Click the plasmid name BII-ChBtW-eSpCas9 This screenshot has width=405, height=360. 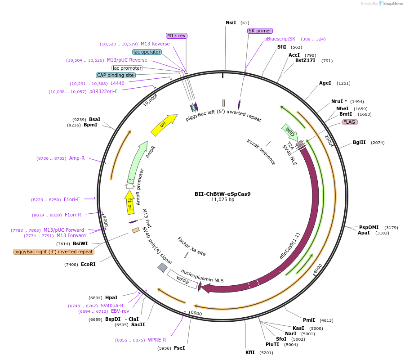pos(223,194)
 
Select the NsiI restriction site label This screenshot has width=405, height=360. pos(231,22)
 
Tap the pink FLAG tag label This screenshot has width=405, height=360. pos(349,122)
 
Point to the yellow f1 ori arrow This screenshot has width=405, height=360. pos(129,201)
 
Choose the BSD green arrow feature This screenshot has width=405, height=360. pos(289,131)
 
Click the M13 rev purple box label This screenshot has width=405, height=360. pos(177,36)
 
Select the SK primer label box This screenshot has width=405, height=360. pos(260,31)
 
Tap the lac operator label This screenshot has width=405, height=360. pos(147,52)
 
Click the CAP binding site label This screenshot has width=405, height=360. pos(115,75)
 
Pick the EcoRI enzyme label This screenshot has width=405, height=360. pos(88,264)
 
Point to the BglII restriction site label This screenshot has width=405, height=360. pos(359,143)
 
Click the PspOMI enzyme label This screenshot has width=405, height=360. pos(369,227)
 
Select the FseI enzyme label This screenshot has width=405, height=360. pos(179,348)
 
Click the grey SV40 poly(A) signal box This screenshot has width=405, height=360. pos(162,267)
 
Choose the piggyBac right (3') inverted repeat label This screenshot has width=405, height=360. pos(54,252)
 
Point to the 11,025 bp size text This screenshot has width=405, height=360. pos(223,199)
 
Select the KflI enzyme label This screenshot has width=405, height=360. pos(250,352)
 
